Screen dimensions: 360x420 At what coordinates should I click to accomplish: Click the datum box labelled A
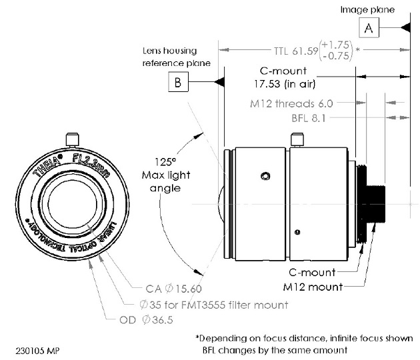369,28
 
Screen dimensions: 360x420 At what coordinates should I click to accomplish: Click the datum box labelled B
179,83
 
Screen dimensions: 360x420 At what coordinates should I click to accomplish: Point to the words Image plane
367,9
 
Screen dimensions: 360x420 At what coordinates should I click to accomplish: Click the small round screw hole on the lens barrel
265,176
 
